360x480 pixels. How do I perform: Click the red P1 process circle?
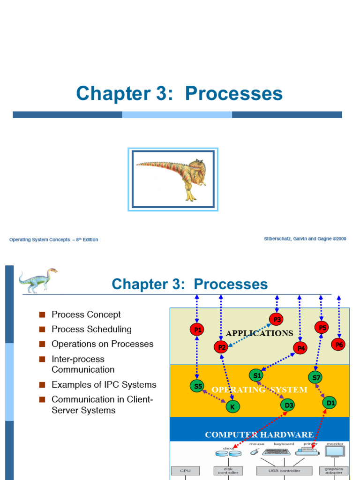[x=197, y=330]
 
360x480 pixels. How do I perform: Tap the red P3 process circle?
[x=277, y=320]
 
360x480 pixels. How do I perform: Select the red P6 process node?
[x=338, y=345]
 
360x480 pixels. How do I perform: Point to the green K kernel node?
[x=232, y=406]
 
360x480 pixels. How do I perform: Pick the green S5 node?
[x=197, y=386]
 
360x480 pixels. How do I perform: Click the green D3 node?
[x=288, y=405]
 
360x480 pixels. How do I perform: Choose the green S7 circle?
[x=315, y=377]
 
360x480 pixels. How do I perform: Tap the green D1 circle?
[x=330, y=402]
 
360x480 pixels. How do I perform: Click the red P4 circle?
[x=300, y=348]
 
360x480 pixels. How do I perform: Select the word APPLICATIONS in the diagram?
[x=259, y=333]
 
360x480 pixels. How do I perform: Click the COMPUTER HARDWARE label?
[x=259, y=435]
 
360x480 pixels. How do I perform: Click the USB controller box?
[x=284, y=471]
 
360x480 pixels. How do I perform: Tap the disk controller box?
[x=228, y=470]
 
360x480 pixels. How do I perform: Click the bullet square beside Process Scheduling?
[x=42, y=330]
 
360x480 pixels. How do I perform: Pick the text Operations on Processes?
[x=103, y=344]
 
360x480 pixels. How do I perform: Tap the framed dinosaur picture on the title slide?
[x=173, y=179]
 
